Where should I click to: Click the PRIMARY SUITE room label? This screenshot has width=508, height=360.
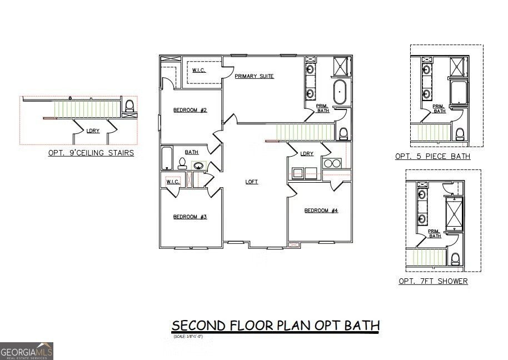254,76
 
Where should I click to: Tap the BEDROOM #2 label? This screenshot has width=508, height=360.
190,110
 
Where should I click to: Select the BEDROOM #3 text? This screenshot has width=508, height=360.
190,217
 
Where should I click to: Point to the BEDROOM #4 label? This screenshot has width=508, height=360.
321,211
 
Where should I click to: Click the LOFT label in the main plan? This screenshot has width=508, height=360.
252,182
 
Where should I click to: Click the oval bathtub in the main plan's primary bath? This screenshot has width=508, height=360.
340,92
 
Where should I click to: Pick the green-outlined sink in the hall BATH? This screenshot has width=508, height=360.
198,165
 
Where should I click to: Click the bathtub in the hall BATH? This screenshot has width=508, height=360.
166,158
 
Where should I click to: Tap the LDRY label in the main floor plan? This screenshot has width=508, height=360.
307,154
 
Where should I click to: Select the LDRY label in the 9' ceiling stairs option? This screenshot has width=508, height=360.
92,131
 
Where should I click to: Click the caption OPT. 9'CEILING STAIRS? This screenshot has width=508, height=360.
91,153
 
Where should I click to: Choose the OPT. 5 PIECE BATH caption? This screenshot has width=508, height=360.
432,157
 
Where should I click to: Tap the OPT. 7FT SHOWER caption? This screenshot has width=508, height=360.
433,282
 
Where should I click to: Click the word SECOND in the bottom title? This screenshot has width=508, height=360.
196,325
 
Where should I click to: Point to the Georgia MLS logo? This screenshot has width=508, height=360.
27,351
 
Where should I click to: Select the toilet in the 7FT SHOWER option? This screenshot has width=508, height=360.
455,258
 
